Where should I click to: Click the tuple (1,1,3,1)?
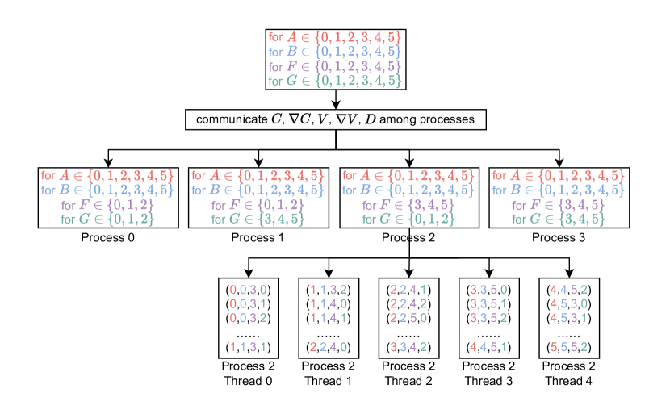pos(248,348)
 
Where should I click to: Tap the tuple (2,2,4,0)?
pos(328,348)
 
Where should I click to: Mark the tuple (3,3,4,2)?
pos(408,348)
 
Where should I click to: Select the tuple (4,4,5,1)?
pos(488,348)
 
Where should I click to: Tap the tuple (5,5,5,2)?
pos(568,348)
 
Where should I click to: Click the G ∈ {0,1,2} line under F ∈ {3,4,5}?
pos(409,219)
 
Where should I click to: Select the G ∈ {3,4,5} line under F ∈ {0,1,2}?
pos(258,219)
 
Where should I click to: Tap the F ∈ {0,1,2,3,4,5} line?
pos(335,67)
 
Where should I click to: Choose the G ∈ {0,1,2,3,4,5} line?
pos(335,81)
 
